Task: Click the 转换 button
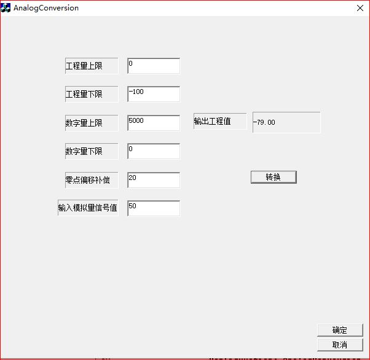[274, 177]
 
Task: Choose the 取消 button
[340, 345]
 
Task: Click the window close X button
[360, 9]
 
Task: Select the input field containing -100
[154, 94]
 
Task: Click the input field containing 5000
[154, 123]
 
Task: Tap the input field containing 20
[154, 179]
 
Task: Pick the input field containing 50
[154, 208]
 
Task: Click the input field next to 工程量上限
[154, 66]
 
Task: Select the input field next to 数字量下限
[154, 151]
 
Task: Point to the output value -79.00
[286, 122]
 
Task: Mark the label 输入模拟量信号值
[88, 208]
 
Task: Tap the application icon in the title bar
[6, 9]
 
